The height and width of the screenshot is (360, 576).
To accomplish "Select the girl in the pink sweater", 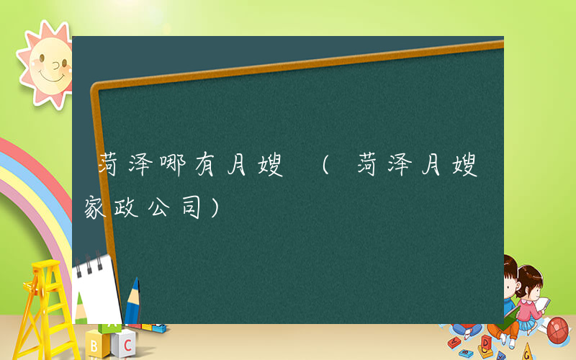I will [x=529, y=299].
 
